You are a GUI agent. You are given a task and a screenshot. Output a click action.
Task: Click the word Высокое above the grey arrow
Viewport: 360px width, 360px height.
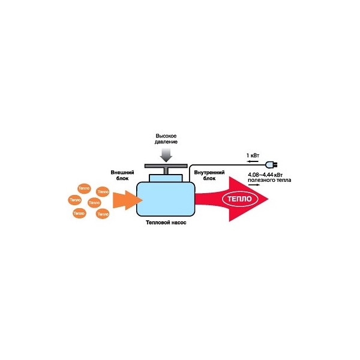[169, 136]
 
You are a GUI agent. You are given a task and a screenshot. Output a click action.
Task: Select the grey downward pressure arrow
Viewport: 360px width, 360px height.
[169, 155]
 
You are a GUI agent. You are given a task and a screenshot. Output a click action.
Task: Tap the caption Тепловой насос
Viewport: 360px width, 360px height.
[166, 222]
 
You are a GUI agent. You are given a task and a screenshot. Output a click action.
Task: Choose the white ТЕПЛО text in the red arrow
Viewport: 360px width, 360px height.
[239, 199]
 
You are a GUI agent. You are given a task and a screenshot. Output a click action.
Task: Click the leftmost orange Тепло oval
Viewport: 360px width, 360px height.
[75, 199]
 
